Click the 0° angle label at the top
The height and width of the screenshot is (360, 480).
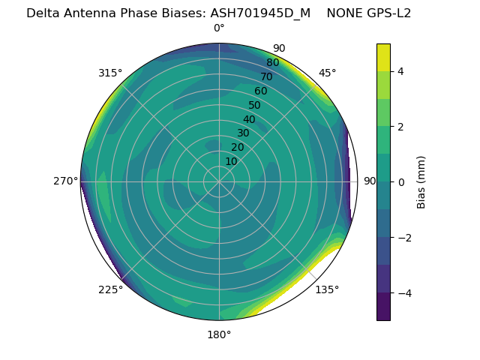pyautogui.click(x=219, y=28)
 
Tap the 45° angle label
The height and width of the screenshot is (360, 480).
pyautogui.click(x=327, y=73)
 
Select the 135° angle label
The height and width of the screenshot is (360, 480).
pyautogui.click(x=327, y=289)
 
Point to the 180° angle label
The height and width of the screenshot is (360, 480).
pyautogui.click(x=219, y=334)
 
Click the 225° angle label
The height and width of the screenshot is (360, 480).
pyautogui.click(x=110, y=289)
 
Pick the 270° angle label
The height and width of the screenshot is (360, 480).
pyautogui.click(x=65, y=181)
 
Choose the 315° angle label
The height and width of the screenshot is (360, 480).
pyautogui.click(x=110, y=73)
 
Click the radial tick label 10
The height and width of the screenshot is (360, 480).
pyautogui.click(x=231, y=161)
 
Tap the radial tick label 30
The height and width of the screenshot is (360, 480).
pyautogui.click(x=243, y=133)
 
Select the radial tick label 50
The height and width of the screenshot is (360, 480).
pyautogui.click(x=254, y=105)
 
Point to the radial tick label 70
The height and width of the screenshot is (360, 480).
pyautogui.click(x=266, y=76)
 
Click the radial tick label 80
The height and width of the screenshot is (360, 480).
pyautogui.click(x=272, y=62)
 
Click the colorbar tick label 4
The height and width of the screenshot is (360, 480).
pyautogui.click(x=401, y=71)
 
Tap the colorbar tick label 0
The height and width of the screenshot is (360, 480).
pyautogui.click(x=401, y=181)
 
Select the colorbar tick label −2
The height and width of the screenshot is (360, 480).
pyautogui.click(x=398, y=237)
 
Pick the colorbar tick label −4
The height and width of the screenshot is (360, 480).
pyautogui.click(x=398, y=292)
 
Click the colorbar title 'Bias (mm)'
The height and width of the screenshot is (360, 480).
pyautogui.click(x=421, y=181)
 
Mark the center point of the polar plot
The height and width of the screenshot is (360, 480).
pyautogui.click(x=219, y=181)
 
